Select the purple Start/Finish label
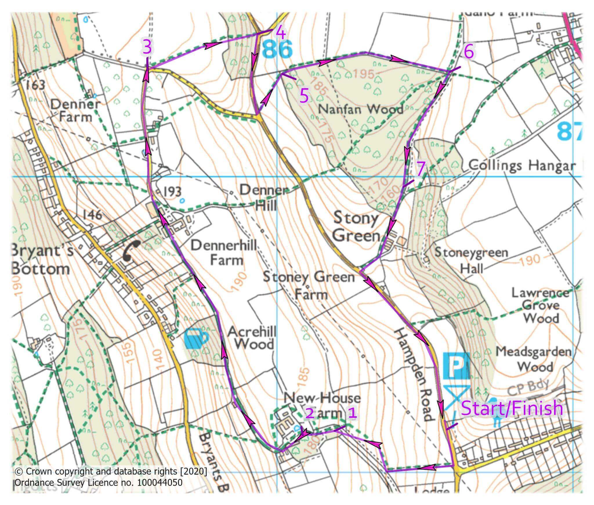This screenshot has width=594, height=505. coord(512,408)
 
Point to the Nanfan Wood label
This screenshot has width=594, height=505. coord(361,110)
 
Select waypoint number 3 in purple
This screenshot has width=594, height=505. coord(147,48)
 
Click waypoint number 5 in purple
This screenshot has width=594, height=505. coord(304,96)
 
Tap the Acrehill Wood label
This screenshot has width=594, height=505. coord(251,338)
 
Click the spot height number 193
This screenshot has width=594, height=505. coord(172,192)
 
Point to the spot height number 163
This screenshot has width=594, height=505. coord(35,85)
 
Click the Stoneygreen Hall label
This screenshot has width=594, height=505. coord(471,261)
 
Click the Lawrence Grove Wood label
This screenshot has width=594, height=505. coord(540,306)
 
